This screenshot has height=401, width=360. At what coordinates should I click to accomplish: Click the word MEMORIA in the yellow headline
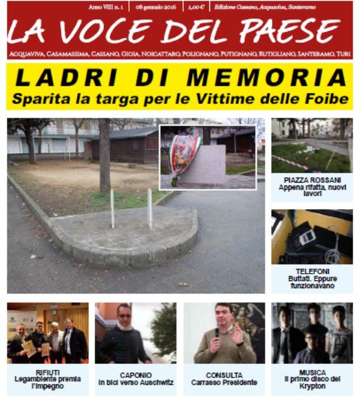tap(267, 77)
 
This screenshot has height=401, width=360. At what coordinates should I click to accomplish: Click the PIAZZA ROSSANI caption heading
tap(311, 179)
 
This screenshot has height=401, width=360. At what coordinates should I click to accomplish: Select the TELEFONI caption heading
tap(311, 271)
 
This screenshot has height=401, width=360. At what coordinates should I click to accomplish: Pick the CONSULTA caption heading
tap(224, 375)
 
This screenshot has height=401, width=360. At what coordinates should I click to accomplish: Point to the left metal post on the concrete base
tap(112, 208)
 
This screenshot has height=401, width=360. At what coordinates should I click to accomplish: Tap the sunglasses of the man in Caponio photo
tap(125, 316)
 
